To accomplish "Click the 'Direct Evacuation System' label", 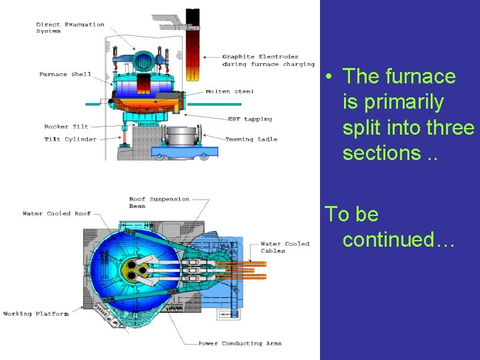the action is click(x=70, y=27).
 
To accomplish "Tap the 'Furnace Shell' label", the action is click(x=65, y=74).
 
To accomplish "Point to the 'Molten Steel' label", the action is click(x=229, y=91).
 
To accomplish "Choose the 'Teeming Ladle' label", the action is click(x=250, y=139).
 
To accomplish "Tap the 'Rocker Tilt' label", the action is click(x=66, y=127).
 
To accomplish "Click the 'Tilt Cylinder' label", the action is click(x=70, y=139).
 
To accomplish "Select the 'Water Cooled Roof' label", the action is click(x=56, y=214).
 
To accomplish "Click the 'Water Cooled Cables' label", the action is click(x=285, y=247).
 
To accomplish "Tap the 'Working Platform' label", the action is click(x=35, y=313).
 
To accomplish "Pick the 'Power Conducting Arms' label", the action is click(x=239, y=344).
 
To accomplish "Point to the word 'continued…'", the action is click(x=398, y=239).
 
